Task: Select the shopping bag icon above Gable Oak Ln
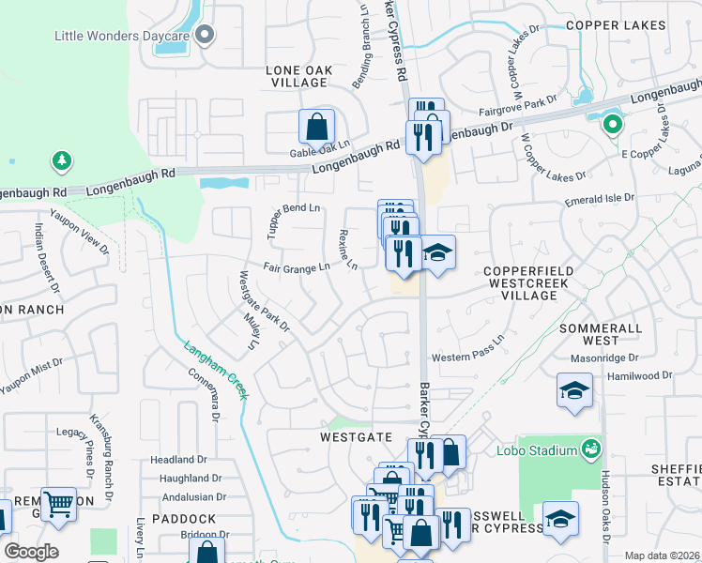(x=317, y=126)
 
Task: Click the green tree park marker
(x=62, y=161)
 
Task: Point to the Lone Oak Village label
(x=297, y=76)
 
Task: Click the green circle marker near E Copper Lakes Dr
(x=612, y=123)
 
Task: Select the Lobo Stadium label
(x=537, y=450)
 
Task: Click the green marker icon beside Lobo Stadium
(x=590, y=449)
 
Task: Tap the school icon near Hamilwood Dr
(x=574, y=391)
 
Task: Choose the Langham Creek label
(x=216, y=370)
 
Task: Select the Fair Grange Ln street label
(x=297, y=267)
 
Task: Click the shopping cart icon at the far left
(x=59, y=504)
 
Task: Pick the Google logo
(x=31, y=551)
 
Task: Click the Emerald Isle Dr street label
(x=599, y=199)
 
